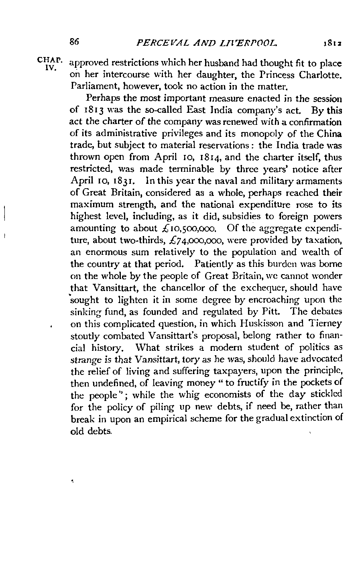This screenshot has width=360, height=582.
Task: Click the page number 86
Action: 75,41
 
